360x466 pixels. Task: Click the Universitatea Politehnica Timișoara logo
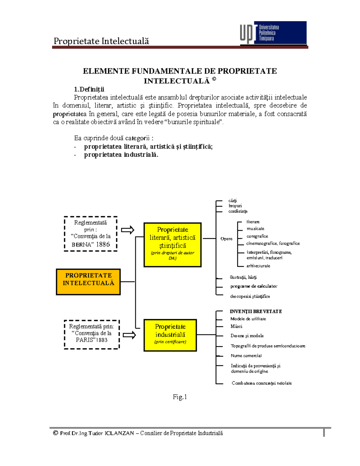pos(273,33)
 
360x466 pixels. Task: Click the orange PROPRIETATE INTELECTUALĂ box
pos(88,282)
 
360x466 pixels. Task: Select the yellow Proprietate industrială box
pos(170,335)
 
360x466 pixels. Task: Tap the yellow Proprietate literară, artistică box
pos(172,245)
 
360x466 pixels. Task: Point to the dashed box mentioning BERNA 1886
pos(90,233)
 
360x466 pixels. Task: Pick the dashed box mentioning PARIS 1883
pos(91,334)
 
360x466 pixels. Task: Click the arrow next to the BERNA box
pos(127,230)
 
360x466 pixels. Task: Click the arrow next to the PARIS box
pos(129,335)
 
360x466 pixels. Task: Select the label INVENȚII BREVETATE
pos(256,311)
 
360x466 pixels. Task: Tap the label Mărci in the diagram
pos(236,326)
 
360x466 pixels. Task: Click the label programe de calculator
pos(254,286)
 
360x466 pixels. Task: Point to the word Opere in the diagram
pos(226,239)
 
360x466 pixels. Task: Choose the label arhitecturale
pos(258,266)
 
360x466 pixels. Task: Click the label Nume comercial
pos(246,356)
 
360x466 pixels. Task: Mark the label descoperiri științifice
pos(250,296)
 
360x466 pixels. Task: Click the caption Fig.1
pos(180,397)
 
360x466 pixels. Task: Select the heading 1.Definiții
pos(89,89)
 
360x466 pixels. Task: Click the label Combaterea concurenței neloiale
pos(262,383)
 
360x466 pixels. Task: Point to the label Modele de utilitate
pos(248,319)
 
